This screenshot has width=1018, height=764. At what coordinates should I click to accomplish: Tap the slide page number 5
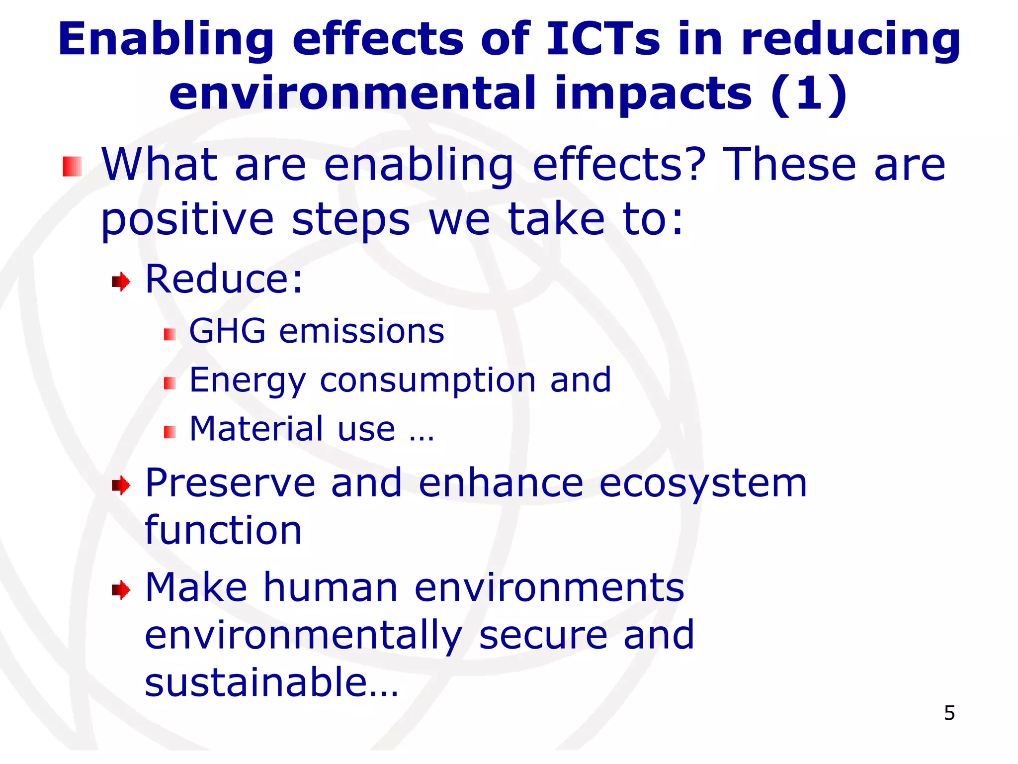(949, 713)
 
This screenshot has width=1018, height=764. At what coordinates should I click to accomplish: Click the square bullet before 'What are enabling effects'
(72, 167)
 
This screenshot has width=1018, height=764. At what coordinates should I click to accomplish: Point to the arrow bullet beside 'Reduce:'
(121, 282)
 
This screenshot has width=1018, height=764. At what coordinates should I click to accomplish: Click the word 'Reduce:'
(224, 279)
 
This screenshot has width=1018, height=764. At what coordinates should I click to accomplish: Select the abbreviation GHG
(227, 331)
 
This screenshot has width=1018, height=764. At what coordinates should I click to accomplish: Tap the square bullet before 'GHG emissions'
(170, 334)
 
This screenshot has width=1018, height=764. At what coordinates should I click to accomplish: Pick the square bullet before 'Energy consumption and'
(170, 383)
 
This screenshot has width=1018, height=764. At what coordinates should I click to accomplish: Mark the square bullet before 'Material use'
(170, 432)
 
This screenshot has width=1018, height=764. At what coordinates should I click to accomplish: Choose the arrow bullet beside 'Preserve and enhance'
(121, 485)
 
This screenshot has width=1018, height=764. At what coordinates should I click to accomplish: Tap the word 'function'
(223, 530)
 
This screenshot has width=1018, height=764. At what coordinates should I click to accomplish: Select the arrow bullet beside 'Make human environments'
(121, 590)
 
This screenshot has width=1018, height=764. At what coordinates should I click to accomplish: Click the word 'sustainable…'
(271, 682)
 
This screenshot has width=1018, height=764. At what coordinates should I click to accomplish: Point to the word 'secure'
(543, 636)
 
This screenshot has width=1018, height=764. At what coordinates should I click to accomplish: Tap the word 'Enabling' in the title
(166, 40)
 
